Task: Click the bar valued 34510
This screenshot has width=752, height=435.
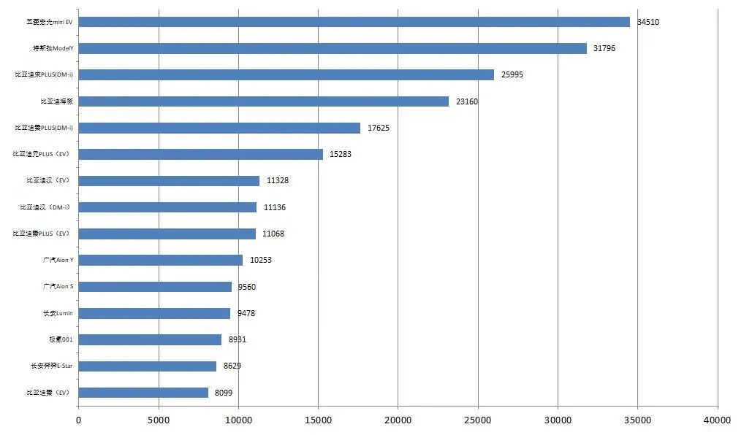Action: click(x=354, y=22)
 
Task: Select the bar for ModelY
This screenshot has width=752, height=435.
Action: click(x=333, y=48)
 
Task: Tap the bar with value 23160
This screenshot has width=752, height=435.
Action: click(x=263, y=101)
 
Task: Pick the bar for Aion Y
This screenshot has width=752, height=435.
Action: click(x=160, y=260)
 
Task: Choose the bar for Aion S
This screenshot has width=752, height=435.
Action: click(x=155, y=287)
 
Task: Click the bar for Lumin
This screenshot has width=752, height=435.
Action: click(x=154, y=313)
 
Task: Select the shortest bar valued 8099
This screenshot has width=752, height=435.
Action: click(x=143, y=393)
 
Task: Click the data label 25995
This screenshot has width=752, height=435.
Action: click(x=512, y=75)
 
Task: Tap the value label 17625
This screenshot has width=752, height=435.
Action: click(x=379, y=128)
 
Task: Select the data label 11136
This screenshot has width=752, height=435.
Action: click(x=275, y=208)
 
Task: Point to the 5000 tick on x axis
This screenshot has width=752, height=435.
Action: click(x=159, y=420)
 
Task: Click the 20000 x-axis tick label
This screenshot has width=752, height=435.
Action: click(x=398, y=420)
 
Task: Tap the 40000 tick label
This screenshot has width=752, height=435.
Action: click(x=717, y=420)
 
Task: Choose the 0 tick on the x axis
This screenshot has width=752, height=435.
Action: click(x=79, y=420)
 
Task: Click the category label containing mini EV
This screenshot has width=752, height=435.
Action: click(x=50, y=22)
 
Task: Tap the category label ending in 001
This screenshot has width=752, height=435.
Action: click(x=60, y=340)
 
